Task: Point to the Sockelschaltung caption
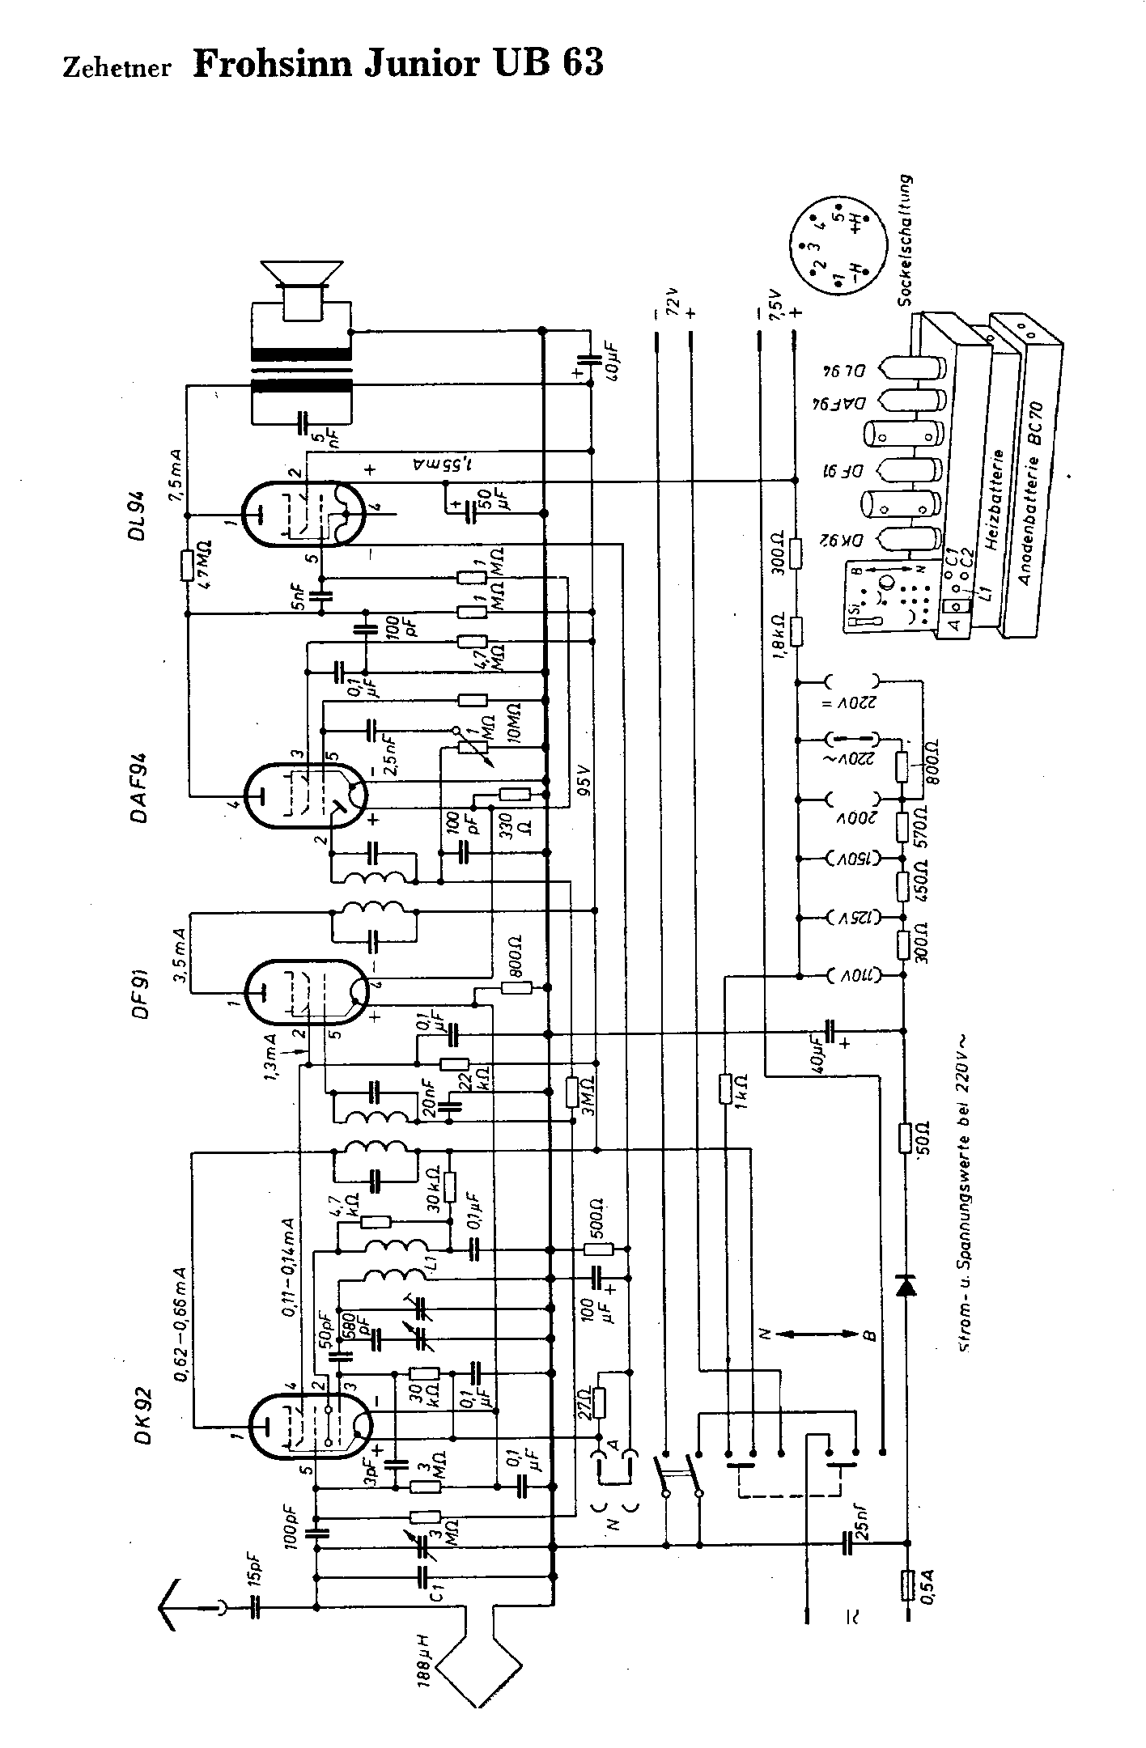click(x=905, y=240)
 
